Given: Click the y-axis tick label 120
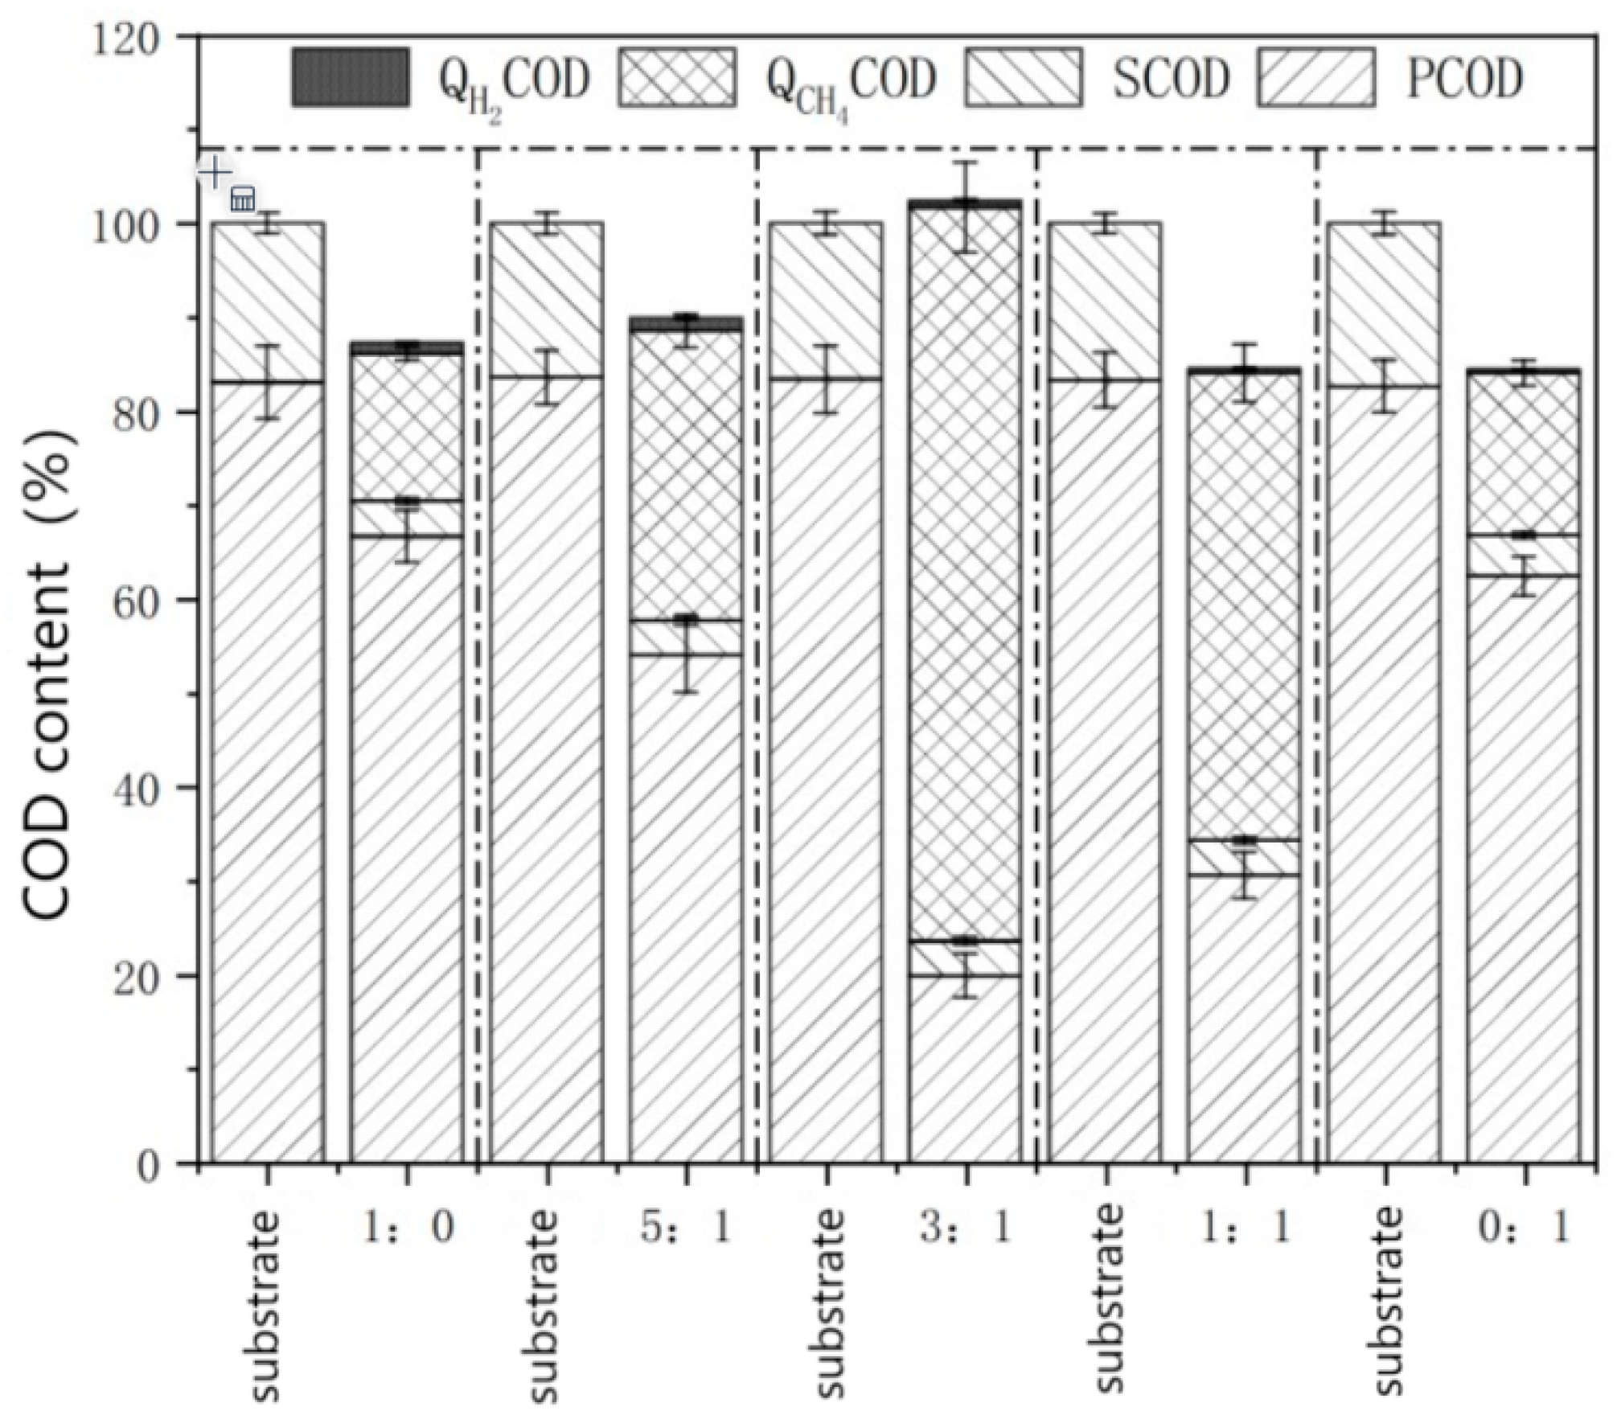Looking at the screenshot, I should tap(126, 38).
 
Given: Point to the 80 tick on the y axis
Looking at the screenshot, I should tap(137, 413).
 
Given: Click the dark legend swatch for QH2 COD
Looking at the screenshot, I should tap(351, 77).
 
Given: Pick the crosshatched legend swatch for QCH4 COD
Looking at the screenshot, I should tap(677, 77).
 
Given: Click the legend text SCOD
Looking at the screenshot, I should tap(1171, 79).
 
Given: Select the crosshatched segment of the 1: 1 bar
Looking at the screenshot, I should tap(1244, 603).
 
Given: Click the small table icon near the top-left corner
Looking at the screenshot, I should tap(243, 199).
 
